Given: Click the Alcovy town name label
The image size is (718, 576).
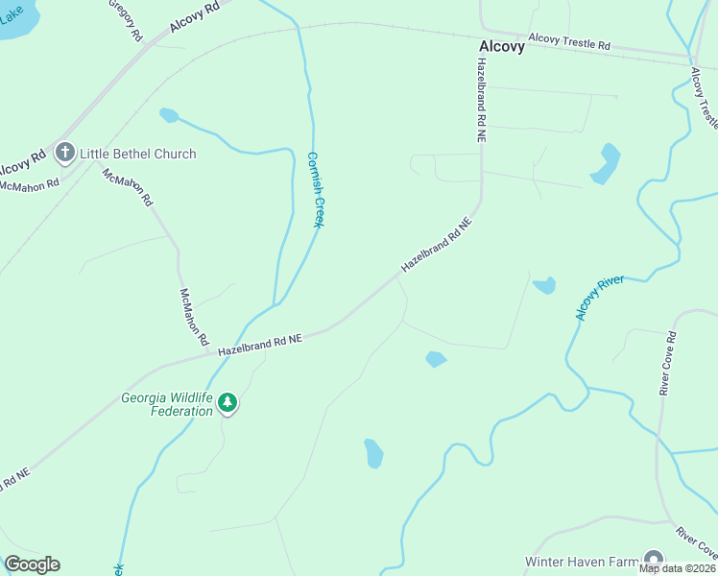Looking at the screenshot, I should point(502,46).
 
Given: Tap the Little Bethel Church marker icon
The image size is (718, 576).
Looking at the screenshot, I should point(65,153).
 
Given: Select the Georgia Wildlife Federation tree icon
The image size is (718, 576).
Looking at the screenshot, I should point(227,403).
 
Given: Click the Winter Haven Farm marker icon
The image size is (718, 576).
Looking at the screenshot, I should point(654,561).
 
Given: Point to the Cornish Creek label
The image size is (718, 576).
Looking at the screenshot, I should point(314,189).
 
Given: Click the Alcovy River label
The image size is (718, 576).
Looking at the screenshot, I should point(599,297).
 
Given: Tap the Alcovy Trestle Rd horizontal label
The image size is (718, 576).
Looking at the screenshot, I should point(569,44).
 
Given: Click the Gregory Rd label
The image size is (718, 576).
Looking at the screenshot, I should point(126,19).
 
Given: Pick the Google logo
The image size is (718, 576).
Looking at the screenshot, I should point(32,564).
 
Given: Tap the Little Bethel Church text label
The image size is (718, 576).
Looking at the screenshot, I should point(137,154).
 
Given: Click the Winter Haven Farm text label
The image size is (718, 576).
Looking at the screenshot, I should point(581,561).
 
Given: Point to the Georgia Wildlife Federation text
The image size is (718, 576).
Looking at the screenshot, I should point(167,404).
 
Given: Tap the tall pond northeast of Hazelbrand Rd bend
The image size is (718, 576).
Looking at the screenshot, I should point(607,162).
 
